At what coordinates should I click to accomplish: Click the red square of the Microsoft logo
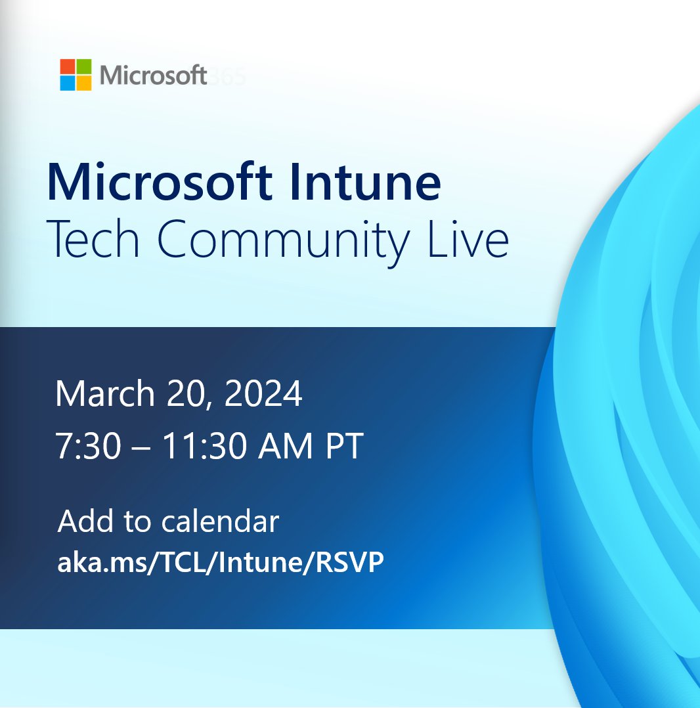68,66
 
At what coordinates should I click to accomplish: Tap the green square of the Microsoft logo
84,66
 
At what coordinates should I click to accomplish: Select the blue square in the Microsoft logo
68,83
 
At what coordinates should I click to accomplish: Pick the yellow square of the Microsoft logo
84,83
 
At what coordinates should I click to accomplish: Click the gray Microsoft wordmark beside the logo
154,76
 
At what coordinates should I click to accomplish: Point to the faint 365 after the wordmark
227,76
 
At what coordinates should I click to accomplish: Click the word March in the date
101,395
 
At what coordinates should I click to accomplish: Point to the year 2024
264,395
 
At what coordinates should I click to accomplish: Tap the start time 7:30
87,447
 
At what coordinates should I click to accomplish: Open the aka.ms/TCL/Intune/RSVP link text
220,564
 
